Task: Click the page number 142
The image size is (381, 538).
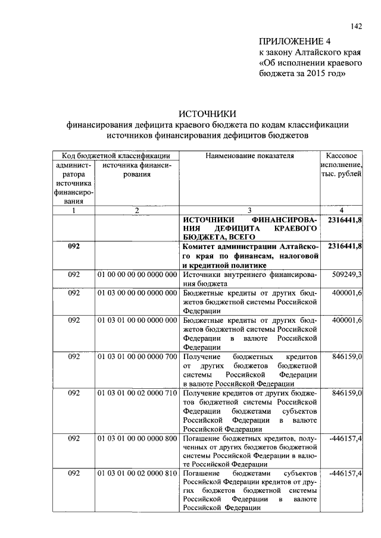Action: click(x=357, y=26)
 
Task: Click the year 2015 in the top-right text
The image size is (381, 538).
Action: click(x=313, y=73)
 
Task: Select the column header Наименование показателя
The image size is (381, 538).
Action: click(x=249, y=156)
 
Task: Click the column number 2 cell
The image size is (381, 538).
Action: click(x=137, y=210)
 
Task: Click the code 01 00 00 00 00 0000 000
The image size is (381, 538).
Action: click(x=137, y=275)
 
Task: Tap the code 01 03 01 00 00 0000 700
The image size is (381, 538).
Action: click(x=137, y=356)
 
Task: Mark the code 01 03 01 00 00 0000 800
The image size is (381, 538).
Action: click(x=137, y=438)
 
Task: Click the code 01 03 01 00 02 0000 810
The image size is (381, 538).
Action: click(x=137, y=473)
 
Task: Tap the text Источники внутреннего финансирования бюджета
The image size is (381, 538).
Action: click(x=249, y=279)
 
